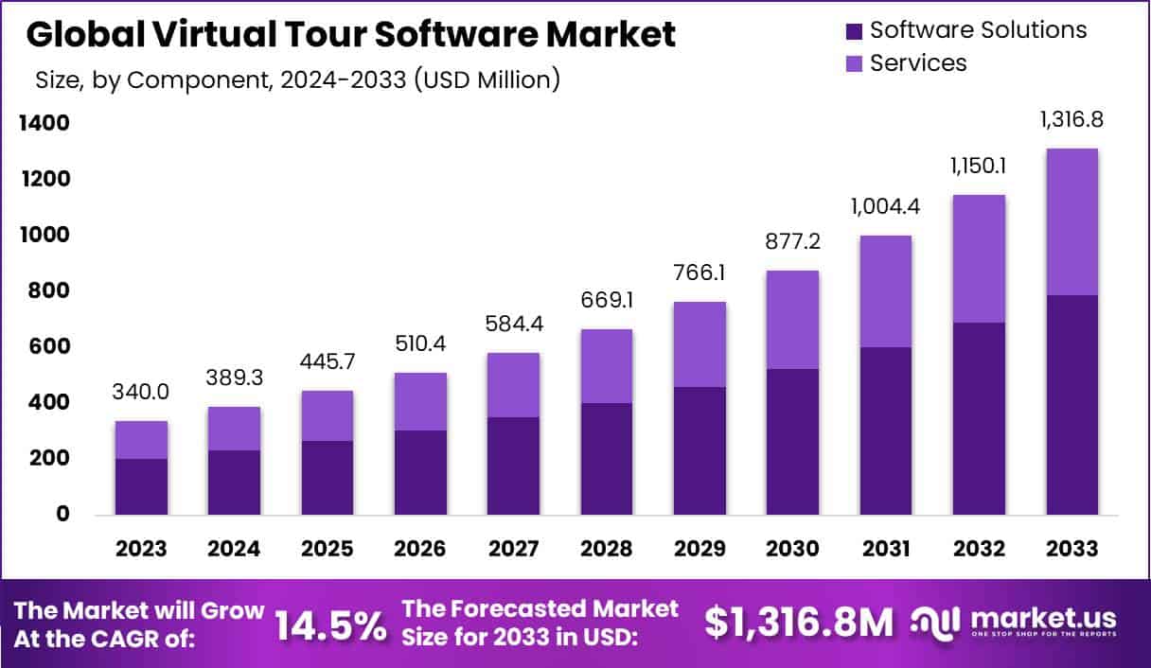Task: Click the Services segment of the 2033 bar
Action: [1072, 222]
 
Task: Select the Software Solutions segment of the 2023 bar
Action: [141, 486]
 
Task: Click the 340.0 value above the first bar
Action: [142, 392]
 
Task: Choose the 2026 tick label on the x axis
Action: [420, 549]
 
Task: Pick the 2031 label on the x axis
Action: [886, 549]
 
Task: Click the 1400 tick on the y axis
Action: [43, 123]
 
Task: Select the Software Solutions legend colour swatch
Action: [853, 31]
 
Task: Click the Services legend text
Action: [918, 63]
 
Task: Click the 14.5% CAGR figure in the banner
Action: [330, 624]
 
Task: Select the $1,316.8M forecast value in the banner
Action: [799, 623]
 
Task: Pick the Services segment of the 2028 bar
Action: [607, 366]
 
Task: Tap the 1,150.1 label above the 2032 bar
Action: [979, 166]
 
